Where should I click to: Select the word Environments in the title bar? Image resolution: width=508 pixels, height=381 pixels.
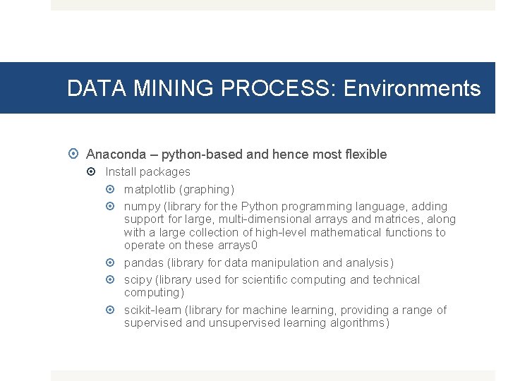click(412, 88)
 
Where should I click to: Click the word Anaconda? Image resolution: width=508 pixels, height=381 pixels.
click(116, 154)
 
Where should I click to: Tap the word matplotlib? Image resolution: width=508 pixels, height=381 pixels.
click(150, 189)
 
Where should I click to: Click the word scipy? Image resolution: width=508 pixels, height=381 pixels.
click(138, 279)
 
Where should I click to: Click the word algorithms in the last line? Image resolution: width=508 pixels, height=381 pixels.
click(359, 323)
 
